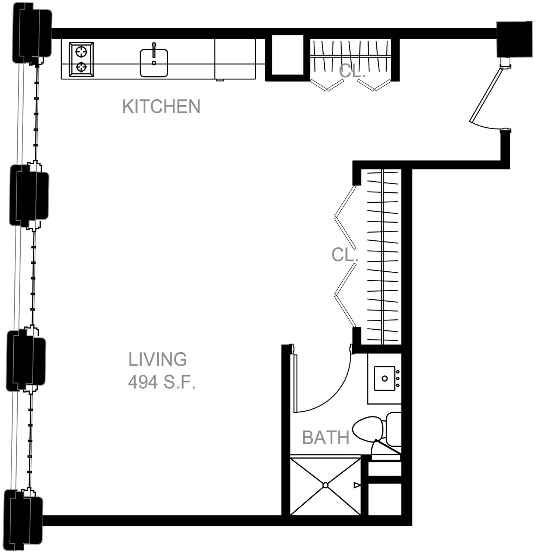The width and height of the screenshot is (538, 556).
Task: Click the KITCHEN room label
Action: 161,106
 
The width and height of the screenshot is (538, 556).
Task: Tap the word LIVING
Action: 158,360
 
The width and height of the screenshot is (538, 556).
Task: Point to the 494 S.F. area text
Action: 161,382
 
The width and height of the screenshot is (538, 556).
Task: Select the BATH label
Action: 326,437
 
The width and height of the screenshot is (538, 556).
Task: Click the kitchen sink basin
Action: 154,63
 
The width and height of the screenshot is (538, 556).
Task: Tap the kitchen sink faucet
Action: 154,50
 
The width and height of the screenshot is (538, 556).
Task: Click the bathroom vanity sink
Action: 384,378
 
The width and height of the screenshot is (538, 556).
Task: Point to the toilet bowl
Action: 367,429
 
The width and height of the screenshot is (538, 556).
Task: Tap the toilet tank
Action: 393,429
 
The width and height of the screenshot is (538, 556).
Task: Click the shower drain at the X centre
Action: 325,485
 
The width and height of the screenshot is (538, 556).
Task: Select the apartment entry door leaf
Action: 486,95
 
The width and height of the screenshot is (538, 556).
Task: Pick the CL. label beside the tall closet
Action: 345,255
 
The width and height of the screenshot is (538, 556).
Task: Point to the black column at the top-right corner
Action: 514,39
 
